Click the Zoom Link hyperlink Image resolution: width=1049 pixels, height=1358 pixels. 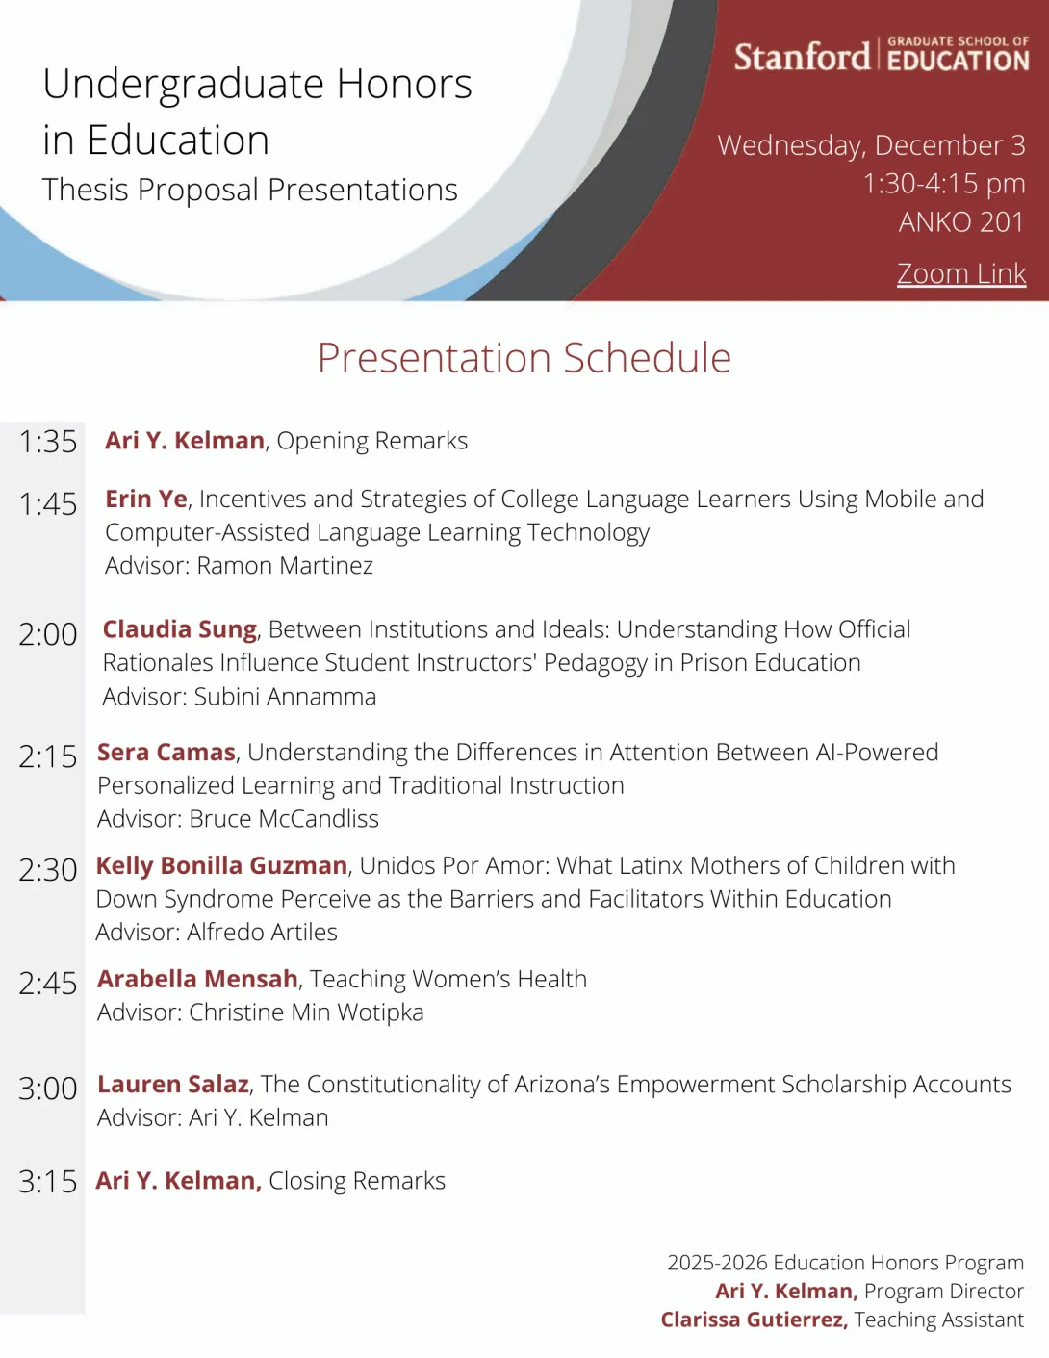click(960, 274)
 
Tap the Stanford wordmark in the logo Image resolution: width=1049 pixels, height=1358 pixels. click(802, 57)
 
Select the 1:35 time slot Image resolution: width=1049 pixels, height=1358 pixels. click(48, 442)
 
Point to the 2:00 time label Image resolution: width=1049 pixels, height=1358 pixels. click(48, 634)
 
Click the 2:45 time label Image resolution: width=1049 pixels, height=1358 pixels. click(48, 983)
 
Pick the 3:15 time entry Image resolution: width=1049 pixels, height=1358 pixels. click(48, 1181)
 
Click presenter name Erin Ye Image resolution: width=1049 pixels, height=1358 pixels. click(146, 499)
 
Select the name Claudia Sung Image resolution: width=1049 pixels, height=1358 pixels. click(180, 629)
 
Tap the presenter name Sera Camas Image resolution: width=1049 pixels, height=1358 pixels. click(166, 753)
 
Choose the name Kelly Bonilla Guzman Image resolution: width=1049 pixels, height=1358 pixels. click(221, 865)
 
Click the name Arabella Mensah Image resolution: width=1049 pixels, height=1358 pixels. click(197, 979)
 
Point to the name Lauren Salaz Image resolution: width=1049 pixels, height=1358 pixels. click(173, 1085)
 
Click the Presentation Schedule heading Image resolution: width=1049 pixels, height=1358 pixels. click(524, 358)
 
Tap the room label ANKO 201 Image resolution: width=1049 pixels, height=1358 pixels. click(960, 222)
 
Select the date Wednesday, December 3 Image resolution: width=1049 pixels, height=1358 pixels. click(871, 145)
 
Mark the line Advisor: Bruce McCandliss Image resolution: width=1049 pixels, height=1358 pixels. click(238, 819)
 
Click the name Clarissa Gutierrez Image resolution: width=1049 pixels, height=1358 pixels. click(754, 1320)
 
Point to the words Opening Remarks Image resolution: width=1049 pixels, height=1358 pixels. click(372, 441)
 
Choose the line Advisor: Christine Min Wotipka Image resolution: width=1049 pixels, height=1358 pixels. click(260, 1012)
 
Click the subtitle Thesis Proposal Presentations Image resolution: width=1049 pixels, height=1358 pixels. click(250, 190)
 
